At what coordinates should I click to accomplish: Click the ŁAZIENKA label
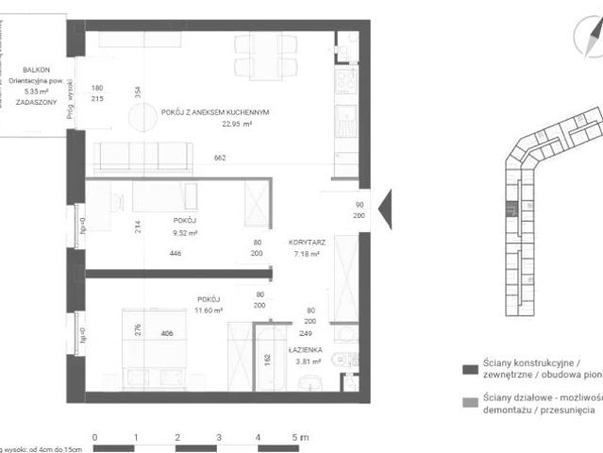pos(308,348)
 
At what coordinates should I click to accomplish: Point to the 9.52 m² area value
pos(184,232)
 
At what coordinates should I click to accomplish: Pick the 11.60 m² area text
pos(209,310)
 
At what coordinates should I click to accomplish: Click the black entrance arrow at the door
pos(384,207)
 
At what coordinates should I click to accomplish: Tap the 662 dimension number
pos(221,158)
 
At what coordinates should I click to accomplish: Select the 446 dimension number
pos(175,253)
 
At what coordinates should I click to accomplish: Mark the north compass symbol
pos(587,40)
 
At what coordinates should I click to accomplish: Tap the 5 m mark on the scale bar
pos(299,437)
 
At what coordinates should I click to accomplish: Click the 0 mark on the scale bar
pos(94,437)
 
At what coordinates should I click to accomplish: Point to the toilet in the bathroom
pos(308,381)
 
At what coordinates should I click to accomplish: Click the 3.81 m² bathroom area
pos(308,360)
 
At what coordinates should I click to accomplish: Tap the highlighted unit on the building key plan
pos(511,210)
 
